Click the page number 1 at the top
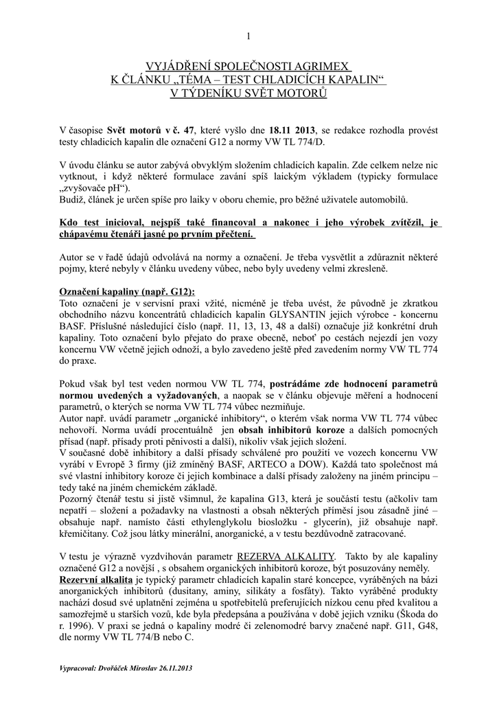248,36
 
